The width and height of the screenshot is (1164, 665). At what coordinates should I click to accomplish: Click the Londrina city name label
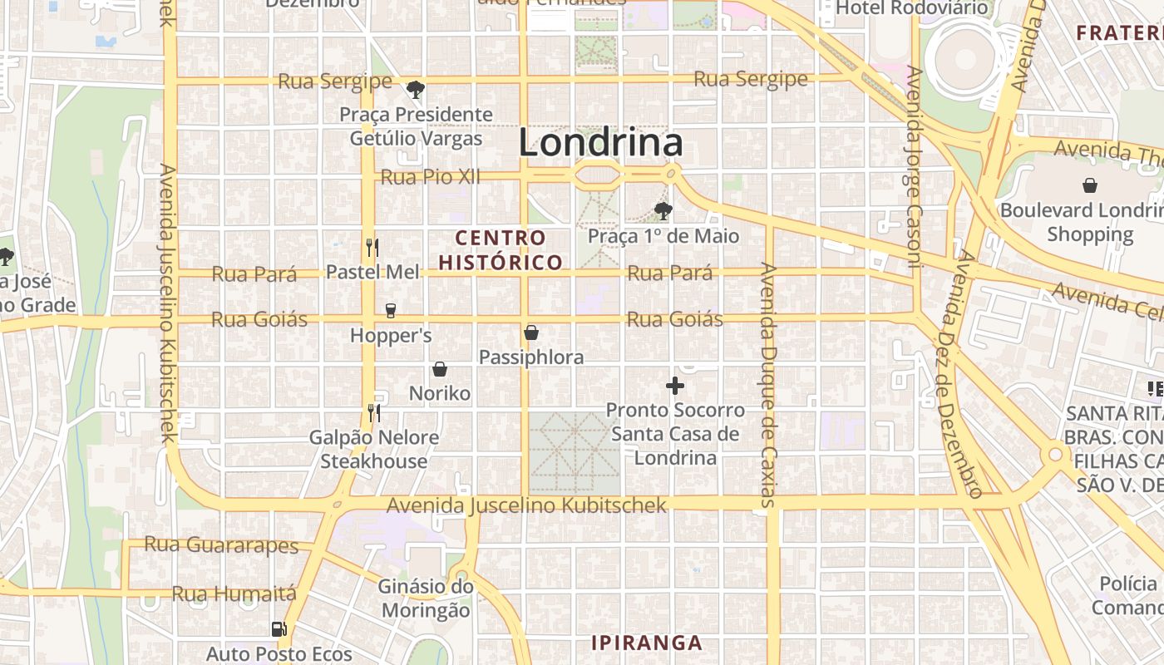pos(600,143)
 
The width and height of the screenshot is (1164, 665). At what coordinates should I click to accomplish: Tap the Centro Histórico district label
pos(501,250)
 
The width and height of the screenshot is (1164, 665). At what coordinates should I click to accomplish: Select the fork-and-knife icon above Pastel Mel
pos(372,247)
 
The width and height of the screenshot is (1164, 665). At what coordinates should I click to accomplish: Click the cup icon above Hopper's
pos(390,311)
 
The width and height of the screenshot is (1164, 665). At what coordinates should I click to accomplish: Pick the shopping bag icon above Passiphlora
pos(531,333)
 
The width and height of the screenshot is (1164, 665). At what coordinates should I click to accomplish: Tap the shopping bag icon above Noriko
pos(440,369)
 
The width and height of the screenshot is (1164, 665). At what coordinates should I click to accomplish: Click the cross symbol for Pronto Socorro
pos(675,386)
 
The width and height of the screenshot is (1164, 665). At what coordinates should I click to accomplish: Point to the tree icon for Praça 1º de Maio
pos(663,210)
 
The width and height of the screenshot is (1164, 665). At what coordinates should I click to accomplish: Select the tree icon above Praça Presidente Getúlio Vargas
pos(416,89)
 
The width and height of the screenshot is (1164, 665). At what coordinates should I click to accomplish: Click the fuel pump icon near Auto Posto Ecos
pos(279,629)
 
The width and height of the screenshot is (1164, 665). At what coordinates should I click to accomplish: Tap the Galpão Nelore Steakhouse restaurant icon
pos(373,412)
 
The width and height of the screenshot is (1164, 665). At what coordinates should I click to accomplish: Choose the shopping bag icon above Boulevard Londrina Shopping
pos(1089,185)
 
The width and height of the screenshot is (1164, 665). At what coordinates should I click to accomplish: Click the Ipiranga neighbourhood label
pos(647,643)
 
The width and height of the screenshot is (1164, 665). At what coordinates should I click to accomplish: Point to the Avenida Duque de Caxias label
pos(767,385)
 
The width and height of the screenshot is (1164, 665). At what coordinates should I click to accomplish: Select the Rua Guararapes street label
pos(221,545)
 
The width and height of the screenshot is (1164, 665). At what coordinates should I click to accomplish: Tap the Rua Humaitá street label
pos(234,594)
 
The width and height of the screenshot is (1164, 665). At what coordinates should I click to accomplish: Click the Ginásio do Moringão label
pos(426,598)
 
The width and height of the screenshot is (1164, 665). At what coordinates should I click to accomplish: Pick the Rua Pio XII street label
pos(431,177)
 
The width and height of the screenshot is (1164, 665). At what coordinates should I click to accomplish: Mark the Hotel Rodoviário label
pos(912,8)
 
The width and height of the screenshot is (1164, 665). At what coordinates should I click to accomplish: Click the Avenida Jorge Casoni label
pos(914,166)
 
